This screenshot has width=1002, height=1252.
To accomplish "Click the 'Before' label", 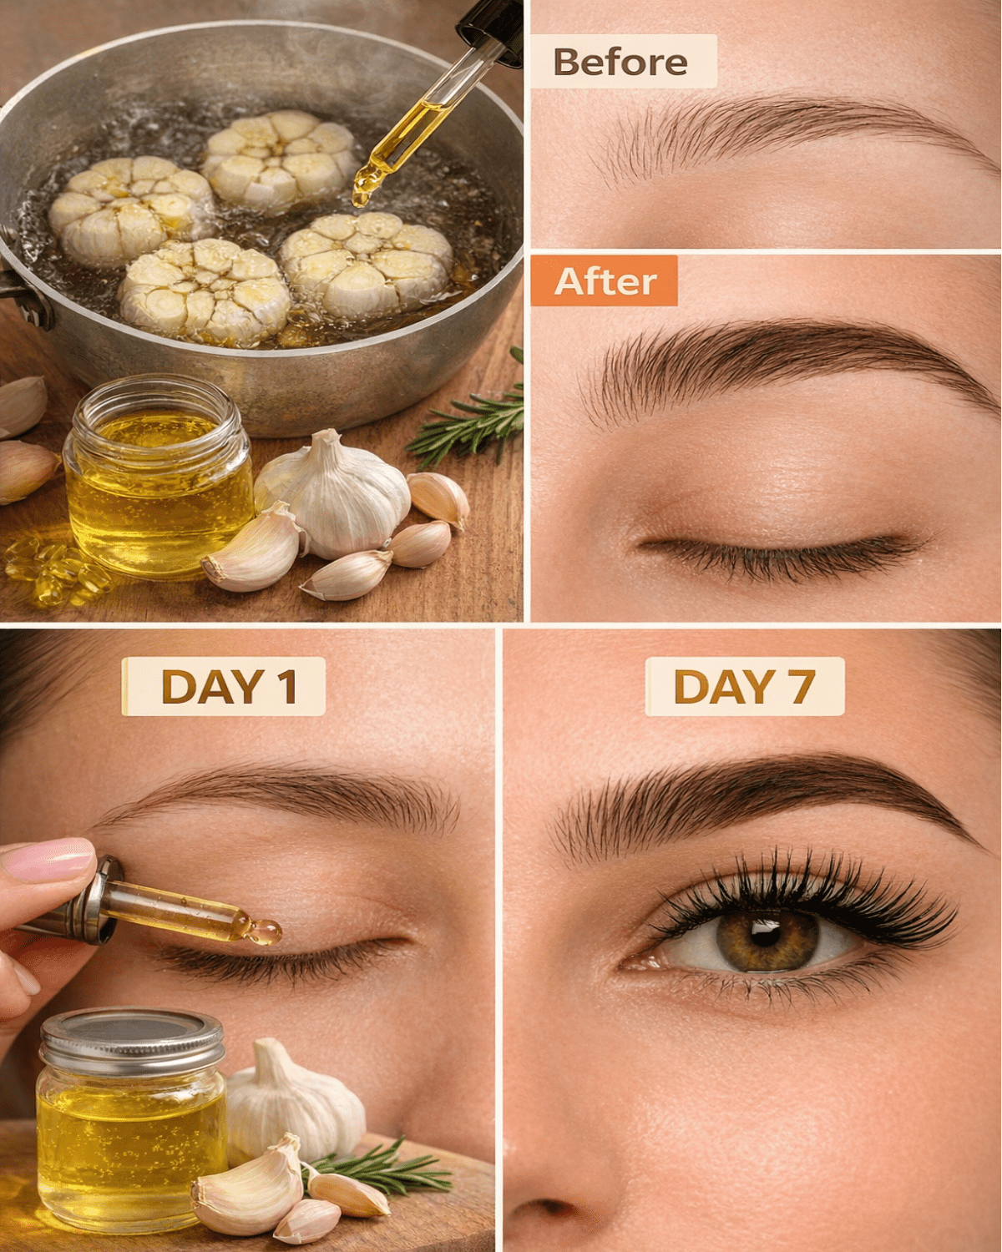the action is point(623,62).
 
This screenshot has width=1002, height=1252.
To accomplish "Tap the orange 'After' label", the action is point(605,281).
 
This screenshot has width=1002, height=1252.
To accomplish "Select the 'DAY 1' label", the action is point(223,686).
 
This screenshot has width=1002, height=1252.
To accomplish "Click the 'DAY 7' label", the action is point(745,686).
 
